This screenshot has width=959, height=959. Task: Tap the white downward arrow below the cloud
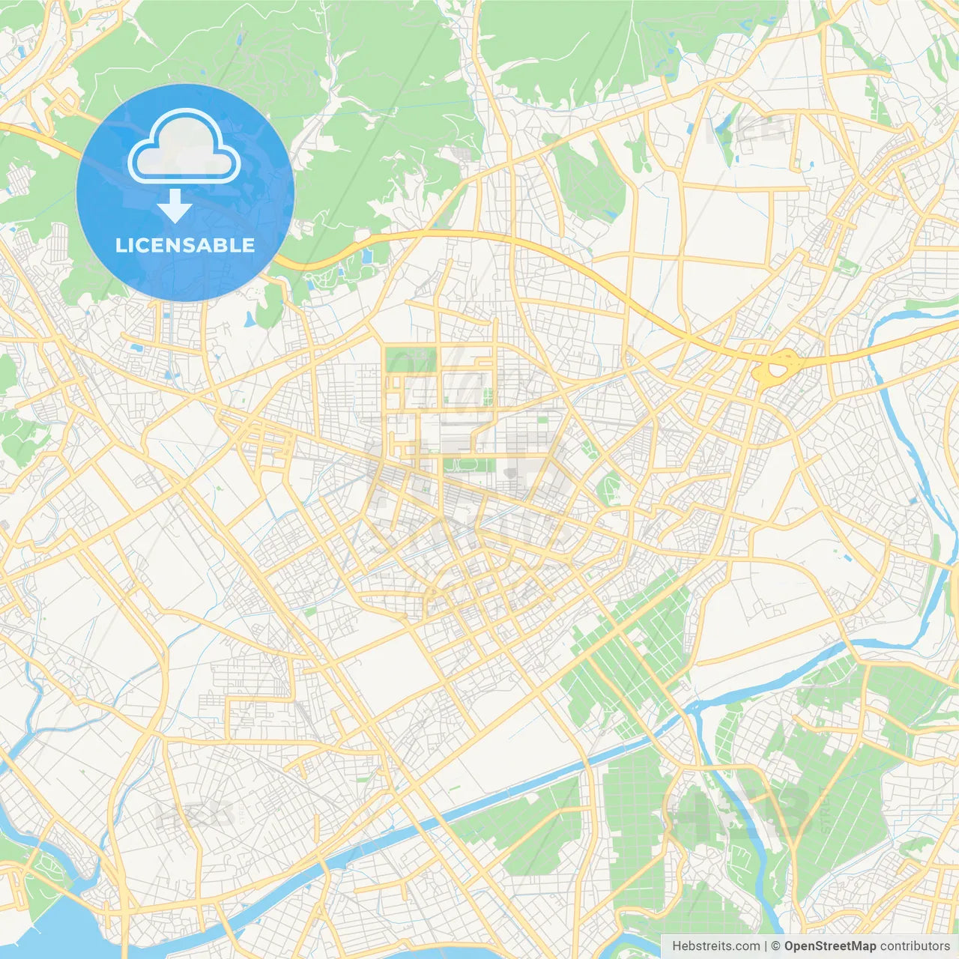pos(175,207)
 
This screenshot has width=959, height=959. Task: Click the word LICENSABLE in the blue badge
pos(185,245)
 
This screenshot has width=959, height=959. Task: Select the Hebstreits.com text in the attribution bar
pos(716,946)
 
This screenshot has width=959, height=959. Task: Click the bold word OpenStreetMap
pos(830,946)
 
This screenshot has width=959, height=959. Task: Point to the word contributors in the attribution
pos(915,946)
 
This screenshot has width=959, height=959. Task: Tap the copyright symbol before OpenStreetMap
pos(776,946)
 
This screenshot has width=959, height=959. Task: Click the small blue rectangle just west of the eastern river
pos(913,500)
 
